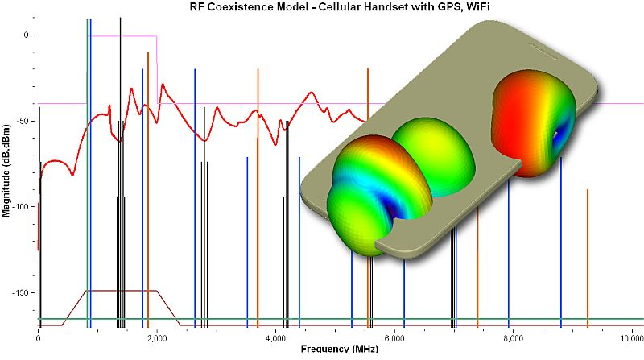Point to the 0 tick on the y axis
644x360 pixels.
(26, 35)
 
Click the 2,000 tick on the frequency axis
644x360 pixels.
(156, 337)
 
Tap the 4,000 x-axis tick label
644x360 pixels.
(275, 337)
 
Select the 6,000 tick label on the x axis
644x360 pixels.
(394, 337)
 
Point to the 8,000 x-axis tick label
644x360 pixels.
(512, 337)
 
